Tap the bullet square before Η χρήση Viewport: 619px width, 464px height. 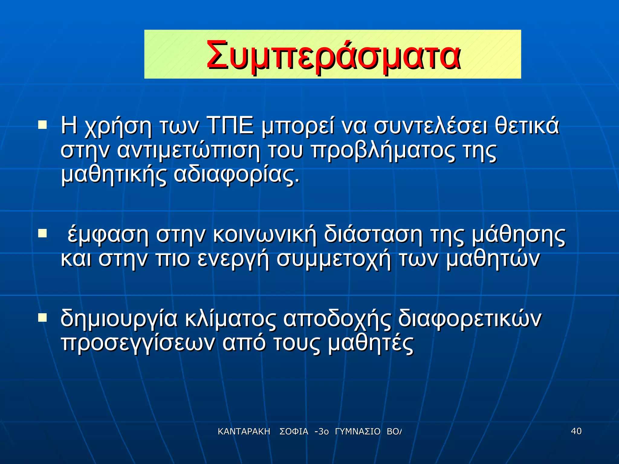[x=42, y=125]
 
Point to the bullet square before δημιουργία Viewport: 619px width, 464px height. [x=42, y=317]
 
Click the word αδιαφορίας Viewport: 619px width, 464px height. [x=237, y=175]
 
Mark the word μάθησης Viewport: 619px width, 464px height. [x=518, y=235]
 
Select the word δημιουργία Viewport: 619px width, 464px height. [x=119, y=319]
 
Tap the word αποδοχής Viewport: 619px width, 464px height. [x=337, y=319]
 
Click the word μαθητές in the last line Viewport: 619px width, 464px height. [x=371, y=343]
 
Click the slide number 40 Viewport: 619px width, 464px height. [x=576, y=431]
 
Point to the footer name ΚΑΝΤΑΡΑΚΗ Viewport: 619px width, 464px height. [x=244, y=432]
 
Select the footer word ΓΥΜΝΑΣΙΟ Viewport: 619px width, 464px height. [x=358, y=432]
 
